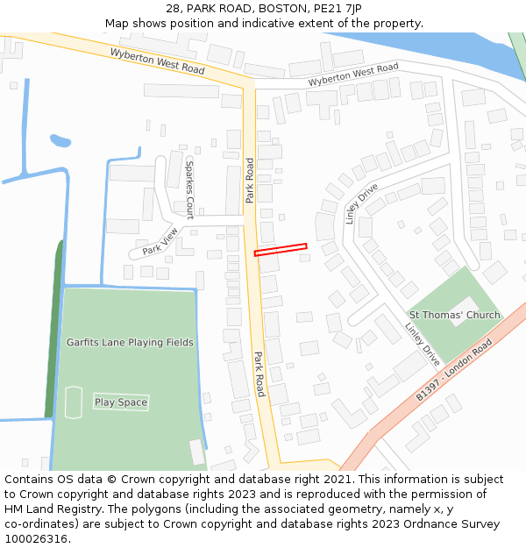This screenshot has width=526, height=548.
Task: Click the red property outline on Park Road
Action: (x=281, y=250)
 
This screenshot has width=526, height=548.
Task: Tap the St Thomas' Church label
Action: (x=454, y=315)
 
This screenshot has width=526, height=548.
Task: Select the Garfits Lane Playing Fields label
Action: (x=130, y=342)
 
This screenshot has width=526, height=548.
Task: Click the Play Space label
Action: (x=121, y=402)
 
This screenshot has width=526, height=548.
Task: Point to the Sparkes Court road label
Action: (x=188, y=189)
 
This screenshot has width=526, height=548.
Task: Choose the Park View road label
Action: (x=160, y=241)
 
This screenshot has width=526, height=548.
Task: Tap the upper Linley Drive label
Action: (x=361, y=203)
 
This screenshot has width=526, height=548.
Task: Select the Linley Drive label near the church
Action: (x=422, y=344)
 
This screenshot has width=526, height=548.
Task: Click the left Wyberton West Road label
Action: (x=157, y=60)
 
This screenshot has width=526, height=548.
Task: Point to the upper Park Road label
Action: (x=250, y=180)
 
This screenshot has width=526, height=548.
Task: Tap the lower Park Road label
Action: (x=259, y=374)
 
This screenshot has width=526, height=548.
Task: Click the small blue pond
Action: (x=60, y=140)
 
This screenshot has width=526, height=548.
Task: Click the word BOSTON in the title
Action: (x=281, y=9)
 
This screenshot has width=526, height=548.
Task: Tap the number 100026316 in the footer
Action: (x=35, y=538)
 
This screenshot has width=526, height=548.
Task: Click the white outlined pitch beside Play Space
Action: (x=73, y=402)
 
